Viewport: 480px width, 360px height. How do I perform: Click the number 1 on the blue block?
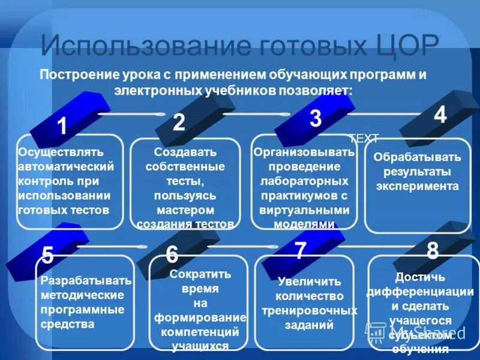[x=62, y=127]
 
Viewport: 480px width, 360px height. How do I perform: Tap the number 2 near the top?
[x=179, y=122]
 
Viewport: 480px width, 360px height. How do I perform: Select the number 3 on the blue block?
[x=316, y=119]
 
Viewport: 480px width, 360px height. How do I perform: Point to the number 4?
[x=440, y=114]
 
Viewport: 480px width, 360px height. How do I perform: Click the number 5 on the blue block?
[x=48, y=256]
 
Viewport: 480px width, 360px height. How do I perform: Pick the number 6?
[x=172, y=254]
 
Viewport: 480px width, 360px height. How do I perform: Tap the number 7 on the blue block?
[x=301, y=250]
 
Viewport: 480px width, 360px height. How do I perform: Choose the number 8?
[x=432, y=251]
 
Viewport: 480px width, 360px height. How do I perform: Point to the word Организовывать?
[x=304, y=152]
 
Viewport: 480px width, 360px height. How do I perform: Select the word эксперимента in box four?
[x=418, y=186]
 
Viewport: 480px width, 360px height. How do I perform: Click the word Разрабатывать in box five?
[x=86, y=281]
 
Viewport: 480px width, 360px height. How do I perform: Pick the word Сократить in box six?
[x=200, y=274]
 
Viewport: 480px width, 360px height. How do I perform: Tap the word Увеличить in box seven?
[x=309, y=281]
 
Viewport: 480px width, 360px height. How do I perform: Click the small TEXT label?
[x=364, y=139]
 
